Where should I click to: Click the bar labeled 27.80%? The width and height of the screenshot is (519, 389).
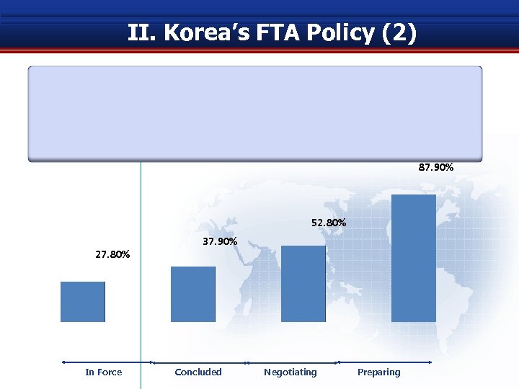coord(83,301)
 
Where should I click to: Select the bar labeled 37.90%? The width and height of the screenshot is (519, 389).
coord(193,294)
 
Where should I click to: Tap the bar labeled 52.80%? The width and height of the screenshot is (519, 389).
coord(303,284)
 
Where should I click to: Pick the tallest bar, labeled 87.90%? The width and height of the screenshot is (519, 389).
coord(414,258)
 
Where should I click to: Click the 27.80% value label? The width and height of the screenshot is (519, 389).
coord(112,254)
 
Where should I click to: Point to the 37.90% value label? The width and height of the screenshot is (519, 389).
coord(220,241)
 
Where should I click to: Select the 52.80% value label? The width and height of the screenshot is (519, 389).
coord(329,223)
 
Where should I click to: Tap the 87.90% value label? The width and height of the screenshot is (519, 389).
coord(436,167)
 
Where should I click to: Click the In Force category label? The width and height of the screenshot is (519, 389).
coord(104,372)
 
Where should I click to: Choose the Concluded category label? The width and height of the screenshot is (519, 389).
coord(198,372)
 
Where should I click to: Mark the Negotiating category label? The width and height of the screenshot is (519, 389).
coord(290,372)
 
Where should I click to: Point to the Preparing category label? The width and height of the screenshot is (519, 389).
coord(378,372)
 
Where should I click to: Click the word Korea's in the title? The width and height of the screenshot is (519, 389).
coord(197,33)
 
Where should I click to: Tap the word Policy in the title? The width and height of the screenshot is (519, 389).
coord(339,33)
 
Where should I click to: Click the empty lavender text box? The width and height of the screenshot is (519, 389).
coord(254,113)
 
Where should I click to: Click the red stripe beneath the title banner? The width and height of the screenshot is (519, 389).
coord(259,50)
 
